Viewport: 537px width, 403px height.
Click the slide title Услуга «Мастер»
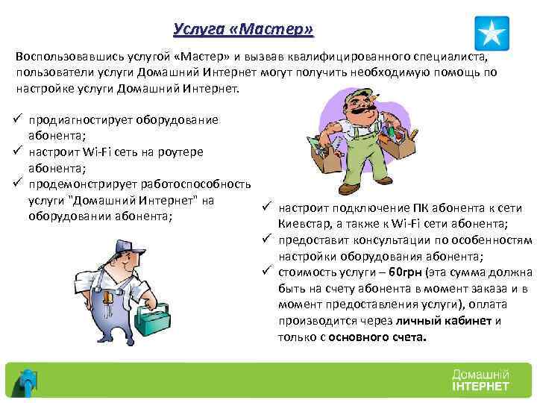pyautogui.click(x=243, y=29)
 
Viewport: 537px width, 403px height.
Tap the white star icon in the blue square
pyautogui.click(x=492, y=34)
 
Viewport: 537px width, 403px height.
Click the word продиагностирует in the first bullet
pyautogui.click(x=72, y=120)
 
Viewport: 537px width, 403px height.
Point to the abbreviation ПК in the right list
pyautogui.click(x=419, y=207)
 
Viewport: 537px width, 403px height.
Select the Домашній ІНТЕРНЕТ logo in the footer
pyautogui.click(x=480, y=379)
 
